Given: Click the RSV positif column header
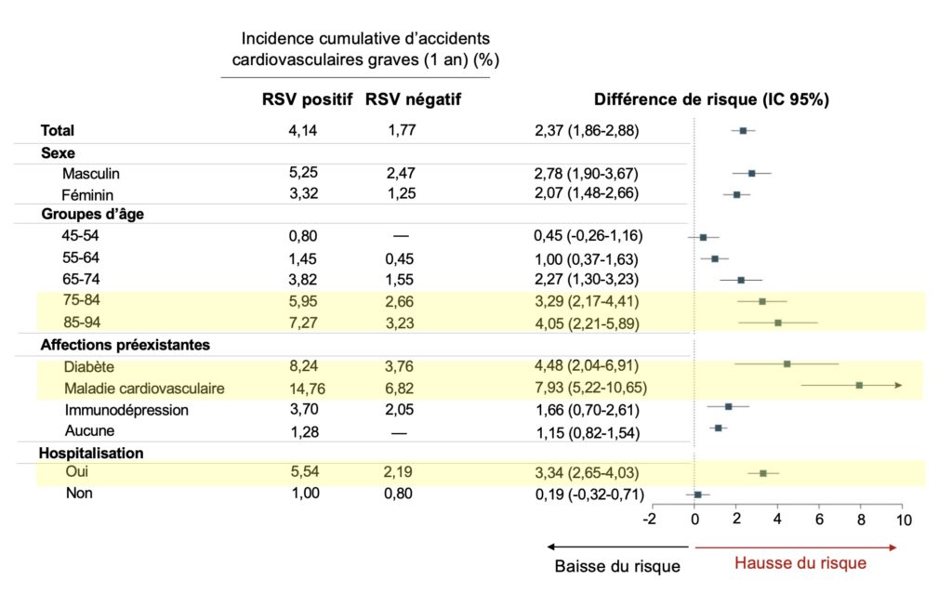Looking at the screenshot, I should (307, 99).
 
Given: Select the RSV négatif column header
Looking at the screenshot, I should (413, 99).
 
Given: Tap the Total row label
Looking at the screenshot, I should (58, 131).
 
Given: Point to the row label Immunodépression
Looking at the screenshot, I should (126, 410).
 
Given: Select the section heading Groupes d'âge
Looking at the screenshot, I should (91, 214).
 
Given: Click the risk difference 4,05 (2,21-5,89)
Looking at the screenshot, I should (587, 323).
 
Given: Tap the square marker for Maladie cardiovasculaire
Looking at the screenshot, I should (859, 385).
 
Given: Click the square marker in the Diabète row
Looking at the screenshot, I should (787, 364).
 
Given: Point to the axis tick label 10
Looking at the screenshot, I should (900, 519).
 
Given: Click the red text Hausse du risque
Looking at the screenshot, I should (800, 563).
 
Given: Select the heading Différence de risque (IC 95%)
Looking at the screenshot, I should (711, 99).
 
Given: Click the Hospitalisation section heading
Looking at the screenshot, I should (91, 454).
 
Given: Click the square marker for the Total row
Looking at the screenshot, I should (743, 131).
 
